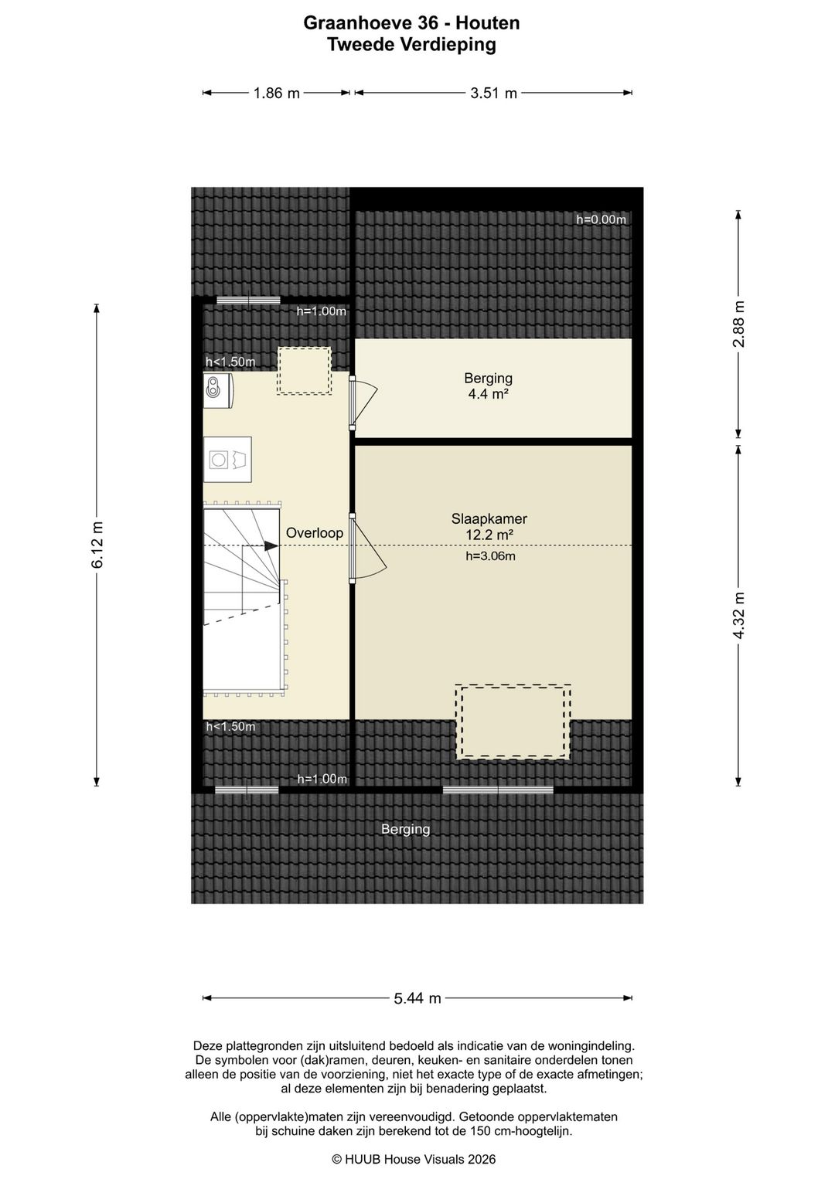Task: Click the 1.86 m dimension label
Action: click(277, 93)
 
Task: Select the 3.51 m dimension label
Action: click(493, 93)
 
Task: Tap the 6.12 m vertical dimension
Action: click(97, 545)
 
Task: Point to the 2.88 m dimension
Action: click(739, 324)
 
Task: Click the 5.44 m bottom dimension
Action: click(417, 997)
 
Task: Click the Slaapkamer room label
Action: click(489, 518)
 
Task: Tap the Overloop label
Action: click(315, 532)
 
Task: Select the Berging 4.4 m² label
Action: click(489, 386)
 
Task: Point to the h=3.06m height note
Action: click(490, 556)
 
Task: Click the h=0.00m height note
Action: click(601, 219)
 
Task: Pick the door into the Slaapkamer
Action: click(367, 549)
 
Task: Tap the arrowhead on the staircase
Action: click(272, 545)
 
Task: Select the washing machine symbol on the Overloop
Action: click(227, 460)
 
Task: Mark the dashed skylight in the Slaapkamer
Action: click(513, 721)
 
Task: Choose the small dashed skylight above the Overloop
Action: click(305, 371)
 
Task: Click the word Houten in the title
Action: click(487, 23)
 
